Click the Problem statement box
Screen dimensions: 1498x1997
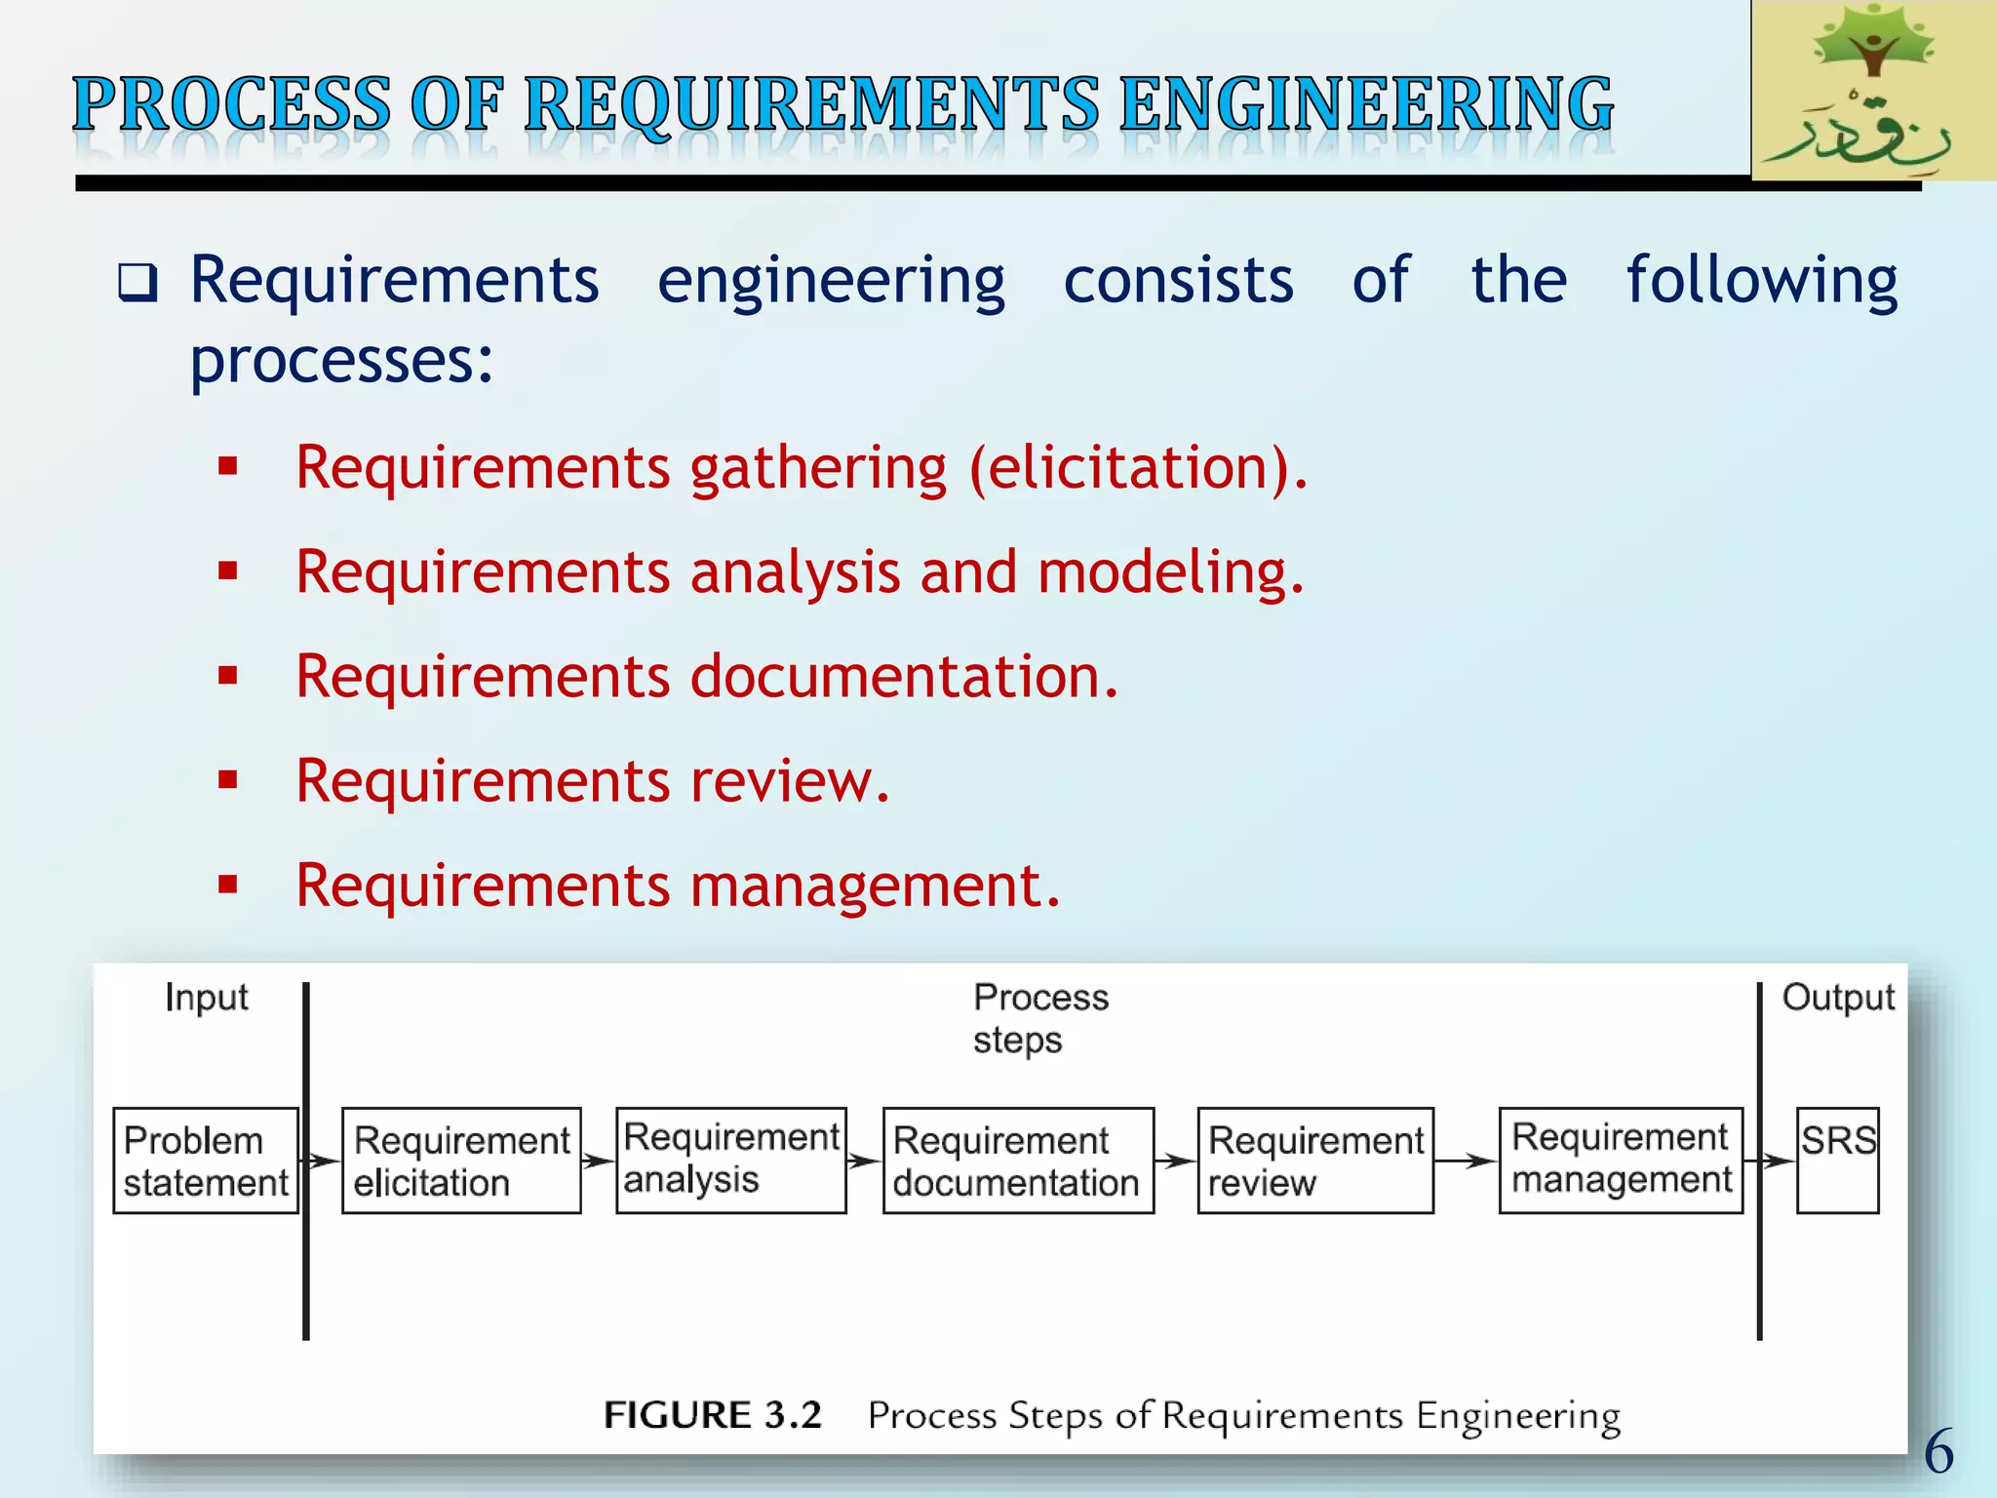[x=206, y=1161]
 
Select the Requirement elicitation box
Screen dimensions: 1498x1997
[x=461, y=1161]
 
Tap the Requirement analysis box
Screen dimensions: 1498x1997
[x=731, y=1160]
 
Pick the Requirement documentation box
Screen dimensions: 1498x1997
[x=1018, y=1161]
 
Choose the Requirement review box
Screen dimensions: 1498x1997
[x=1315, y=1161]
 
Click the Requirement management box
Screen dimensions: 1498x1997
[x=1621, y=1160]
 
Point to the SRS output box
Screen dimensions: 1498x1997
[x=1837, y=1160]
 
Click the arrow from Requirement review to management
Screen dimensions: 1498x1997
[x=1466, y=1161]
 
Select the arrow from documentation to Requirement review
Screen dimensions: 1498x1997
[x=1175, y=1161]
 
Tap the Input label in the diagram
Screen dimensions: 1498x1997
[x=207, y=998]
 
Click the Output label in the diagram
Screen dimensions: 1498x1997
[x=1838, y=998]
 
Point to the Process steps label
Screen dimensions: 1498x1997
[x=1039, y=1018]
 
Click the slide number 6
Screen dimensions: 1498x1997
[x=1938, y=1451]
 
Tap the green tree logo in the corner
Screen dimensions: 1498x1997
[x=1873, y=90]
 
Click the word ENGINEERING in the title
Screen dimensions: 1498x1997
[x=1366, y=105]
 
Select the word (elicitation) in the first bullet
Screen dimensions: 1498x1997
[x=1138, y=467]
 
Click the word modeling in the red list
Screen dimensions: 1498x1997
[x=1170, y=572]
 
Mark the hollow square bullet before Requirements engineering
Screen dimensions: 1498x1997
[x=137, y=283]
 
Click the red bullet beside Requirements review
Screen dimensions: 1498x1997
[x=228, y=780]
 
